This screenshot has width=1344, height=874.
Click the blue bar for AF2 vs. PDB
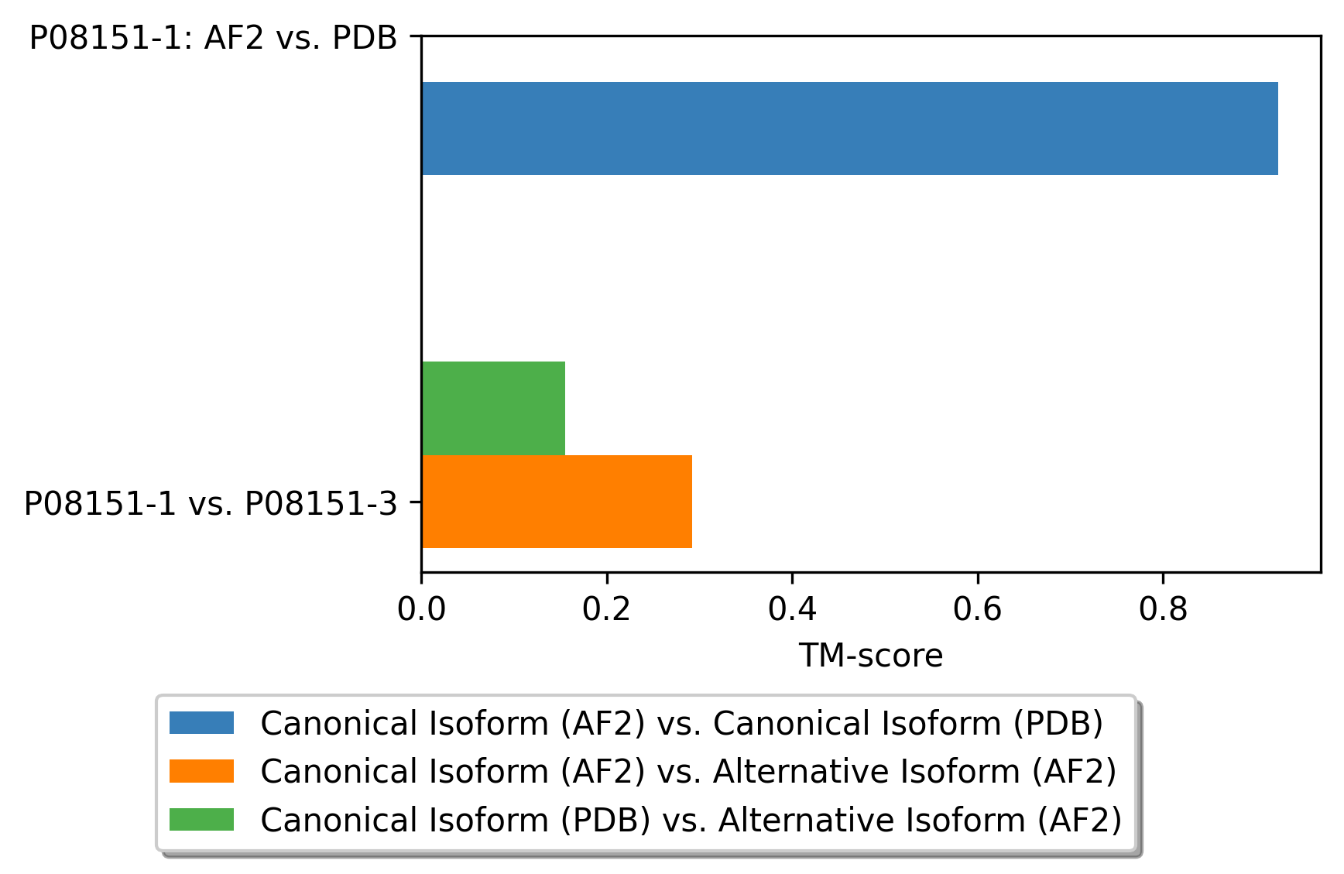pyautogui.click(x=849, y=129)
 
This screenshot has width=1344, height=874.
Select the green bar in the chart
pyautogui.click(x=493, y=408)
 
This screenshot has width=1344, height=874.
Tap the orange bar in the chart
pyautogui.click(x=557, y=502)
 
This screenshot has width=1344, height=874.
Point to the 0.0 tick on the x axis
pyautogui.click(x=421, y=610)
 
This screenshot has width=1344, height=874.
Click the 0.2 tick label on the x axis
pyautogui.click(x=607, y=610)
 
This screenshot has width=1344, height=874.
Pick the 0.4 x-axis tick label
pyautogui.click(x=792, y=610)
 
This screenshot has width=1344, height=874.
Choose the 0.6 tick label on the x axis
pyautogui.click(x=978, y=610)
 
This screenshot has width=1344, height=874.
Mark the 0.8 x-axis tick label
pyautogui.click(x=1163, y=610)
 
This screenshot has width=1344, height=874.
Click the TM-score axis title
pyautogui.click(x=871, y=656)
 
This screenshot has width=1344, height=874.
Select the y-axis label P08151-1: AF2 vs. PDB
pyautogui.click(x=213, y=38)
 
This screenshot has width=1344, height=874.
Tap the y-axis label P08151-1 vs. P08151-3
pyautogui.click(x=211, y=504)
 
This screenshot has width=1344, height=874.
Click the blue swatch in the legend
pyautogui.click(x=201, y=723)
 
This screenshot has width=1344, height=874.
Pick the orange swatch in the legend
pyautogui.click(x=201, y=771)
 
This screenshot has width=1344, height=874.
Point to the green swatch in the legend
pyautogui.click(x=201, y=819)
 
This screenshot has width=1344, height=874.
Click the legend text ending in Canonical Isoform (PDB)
pyautogui.click(x=682, y=724)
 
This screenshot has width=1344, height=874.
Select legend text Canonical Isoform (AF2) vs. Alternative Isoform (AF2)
pyautogui.click(x=689, y=772)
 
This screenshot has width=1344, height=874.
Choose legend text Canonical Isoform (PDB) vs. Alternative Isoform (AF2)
pyautogui.click(x=691, y=820)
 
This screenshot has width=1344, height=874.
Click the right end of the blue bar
pyautogui.click(x=1278, y=129)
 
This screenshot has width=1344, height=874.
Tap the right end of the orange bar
pyautogui.click(x=692, y=502)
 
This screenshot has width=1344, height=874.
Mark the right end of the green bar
pyautogui.click(x=565, y=408)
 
